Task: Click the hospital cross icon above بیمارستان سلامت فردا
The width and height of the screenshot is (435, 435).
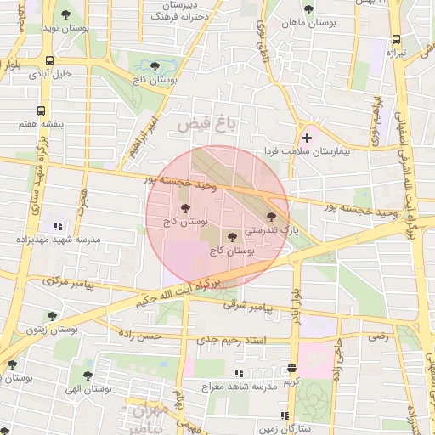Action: point(307,137)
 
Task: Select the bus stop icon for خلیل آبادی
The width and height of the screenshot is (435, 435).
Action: point(50,60)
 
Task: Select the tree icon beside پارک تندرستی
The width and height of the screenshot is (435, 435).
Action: point(271,217)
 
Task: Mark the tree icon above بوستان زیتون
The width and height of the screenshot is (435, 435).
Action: point(52,316)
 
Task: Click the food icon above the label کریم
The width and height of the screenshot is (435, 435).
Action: point(291,368)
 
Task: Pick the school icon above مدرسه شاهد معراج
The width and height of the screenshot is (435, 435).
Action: point(240,373)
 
